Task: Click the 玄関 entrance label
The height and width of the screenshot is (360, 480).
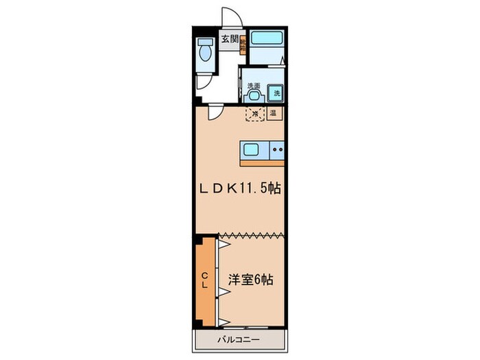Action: click(228, 40)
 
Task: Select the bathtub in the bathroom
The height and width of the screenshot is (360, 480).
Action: click(265, 39)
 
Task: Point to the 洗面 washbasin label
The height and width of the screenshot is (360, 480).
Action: click(254, 86)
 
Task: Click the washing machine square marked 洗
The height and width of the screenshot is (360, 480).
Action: click(277, 92)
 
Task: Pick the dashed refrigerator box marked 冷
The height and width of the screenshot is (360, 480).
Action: click(254, 114)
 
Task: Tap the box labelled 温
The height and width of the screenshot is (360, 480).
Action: click(273, 114)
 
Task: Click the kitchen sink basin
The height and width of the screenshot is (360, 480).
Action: click(251, 150)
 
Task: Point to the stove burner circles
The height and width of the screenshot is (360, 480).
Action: click(277, 147)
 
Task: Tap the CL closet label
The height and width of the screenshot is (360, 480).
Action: click(205, 280)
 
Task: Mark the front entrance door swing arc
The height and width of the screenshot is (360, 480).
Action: click(231, 19)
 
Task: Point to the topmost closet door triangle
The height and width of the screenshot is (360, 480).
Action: click(224, 243)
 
